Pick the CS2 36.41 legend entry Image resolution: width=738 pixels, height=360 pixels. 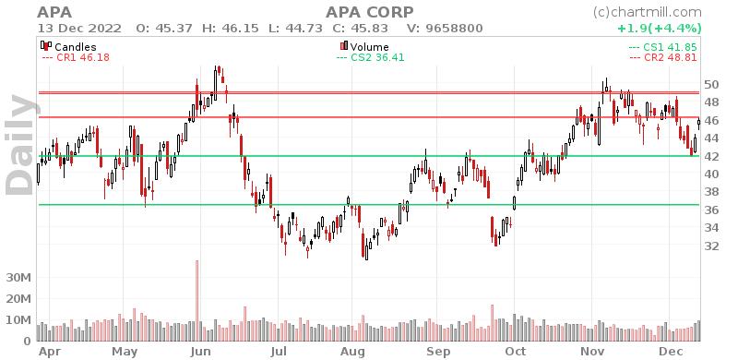tap(367, 57)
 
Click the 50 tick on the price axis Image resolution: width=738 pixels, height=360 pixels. tap(710, 84)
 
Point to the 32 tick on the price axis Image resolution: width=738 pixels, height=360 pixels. tap(710, 246)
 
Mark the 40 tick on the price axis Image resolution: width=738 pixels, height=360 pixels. tap(710, 174)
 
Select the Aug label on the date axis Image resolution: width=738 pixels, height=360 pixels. tap(351, 352)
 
